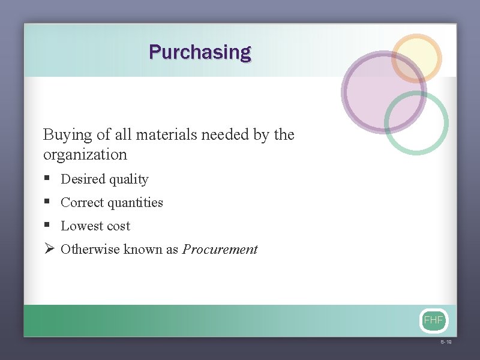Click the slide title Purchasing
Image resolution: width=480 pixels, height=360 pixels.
(x=200, y=52)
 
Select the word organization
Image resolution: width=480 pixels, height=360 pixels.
(x=85, y=155)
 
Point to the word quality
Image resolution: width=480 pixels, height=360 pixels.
(x=128, y=179)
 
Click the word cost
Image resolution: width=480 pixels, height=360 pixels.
(x=118, y=226)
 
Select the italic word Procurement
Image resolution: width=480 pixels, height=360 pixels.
(x=220, y=250)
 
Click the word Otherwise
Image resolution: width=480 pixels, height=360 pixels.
(x=91, y=250)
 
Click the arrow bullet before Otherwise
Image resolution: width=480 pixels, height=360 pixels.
(x=49, y=249)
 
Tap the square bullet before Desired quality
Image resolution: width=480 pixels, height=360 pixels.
(x=47, y=179)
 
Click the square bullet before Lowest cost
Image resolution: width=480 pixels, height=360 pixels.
(x=47, y=226)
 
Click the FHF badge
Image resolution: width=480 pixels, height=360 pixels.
(x=433, y=320)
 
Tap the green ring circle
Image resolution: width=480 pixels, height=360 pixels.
(x=416, y=122)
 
